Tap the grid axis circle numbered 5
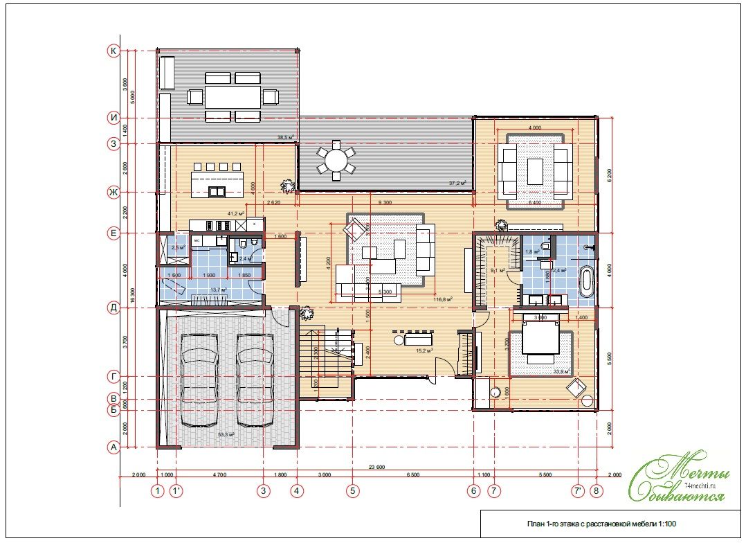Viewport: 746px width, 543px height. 352,491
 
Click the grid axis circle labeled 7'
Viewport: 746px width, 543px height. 577,491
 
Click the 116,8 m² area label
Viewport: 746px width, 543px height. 442,300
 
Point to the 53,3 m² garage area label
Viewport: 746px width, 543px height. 226,435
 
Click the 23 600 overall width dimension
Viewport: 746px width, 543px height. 376,467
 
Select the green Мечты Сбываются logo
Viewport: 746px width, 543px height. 681,477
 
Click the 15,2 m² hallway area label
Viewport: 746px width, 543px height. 424,351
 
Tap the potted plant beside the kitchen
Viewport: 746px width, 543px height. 286,186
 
